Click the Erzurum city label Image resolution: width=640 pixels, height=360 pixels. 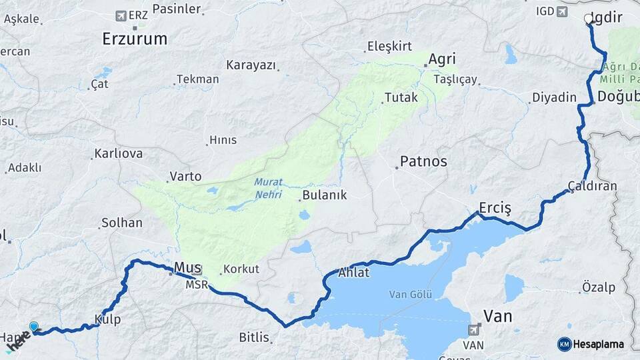click(x=135, y=39)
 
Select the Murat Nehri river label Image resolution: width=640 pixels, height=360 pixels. click(x=268, y=188)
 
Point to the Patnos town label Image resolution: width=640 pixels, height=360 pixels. click(x=423, y=161)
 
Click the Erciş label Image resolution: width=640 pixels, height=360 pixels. click(x=495, y=209)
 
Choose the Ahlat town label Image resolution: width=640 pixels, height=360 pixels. click(x=353, y=273)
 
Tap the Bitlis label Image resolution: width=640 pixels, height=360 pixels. click(x=254, y=337)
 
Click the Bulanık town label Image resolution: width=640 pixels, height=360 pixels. click(x=324, y=195)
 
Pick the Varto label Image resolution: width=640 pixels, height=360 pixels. click(x=185, y=177)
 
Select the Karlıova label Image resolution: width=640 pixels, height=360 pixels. click(x=119, y=153)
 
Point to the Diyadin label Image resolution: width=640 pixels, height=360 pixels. click(x=554, y=98)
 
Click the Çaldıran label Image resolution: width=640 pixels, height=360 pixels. click(x=592, y=185)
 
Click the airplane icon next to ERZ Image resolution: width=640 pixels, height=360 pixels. click(x=121, y=15)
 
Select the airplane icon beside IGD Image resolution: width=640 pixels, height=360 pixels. click(x=561, y=11)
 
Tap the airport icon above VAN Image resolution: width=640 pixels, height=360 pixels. click(x=474, y=329)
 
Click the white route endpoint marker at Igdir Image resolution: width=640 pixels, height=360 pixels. click(x=589, y=19)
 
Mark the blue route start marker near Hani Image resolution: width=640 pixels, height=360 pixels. click(x=34, y=327)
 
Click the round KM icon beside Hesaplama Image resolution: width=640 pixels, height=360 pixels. click(x=564, y=344)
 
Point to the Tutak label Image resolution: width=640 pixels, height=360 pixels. click(x=401, y=97)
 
